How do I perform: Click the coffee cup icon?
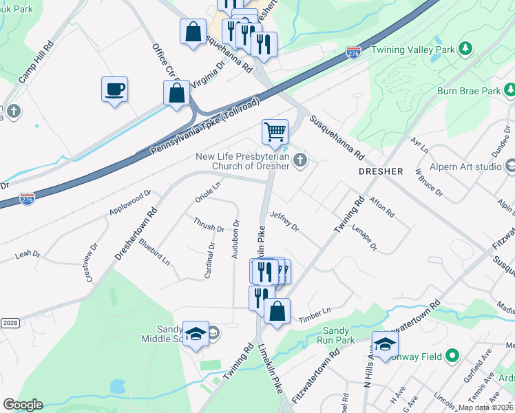click(x=114, y=89)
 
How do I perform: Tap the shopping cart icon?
click(x=275, y=131)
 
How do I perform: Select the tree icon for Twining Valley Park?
click(x=466, y=48)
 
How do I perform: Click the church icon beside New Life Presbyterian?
click(x=299, y=161)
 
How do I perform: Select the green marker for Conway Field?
click(x=452, y=356)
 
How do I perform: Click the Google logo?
click(x=22, y=405)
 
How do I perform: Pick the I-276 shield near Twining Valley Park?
click(x=353, y=52)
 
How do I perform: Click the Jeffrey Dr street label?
click(x=284, y=220)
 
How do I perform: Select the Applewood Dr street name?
click(x=129, y=204)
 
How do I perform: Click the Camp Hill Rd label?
click(x=36, y=62)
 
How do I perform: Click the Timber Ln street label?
click(x=315, y=316)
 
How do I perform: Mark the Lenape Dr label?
click(x=365, y=236)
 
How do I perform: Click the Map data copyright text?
click(x=485, y=407)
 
